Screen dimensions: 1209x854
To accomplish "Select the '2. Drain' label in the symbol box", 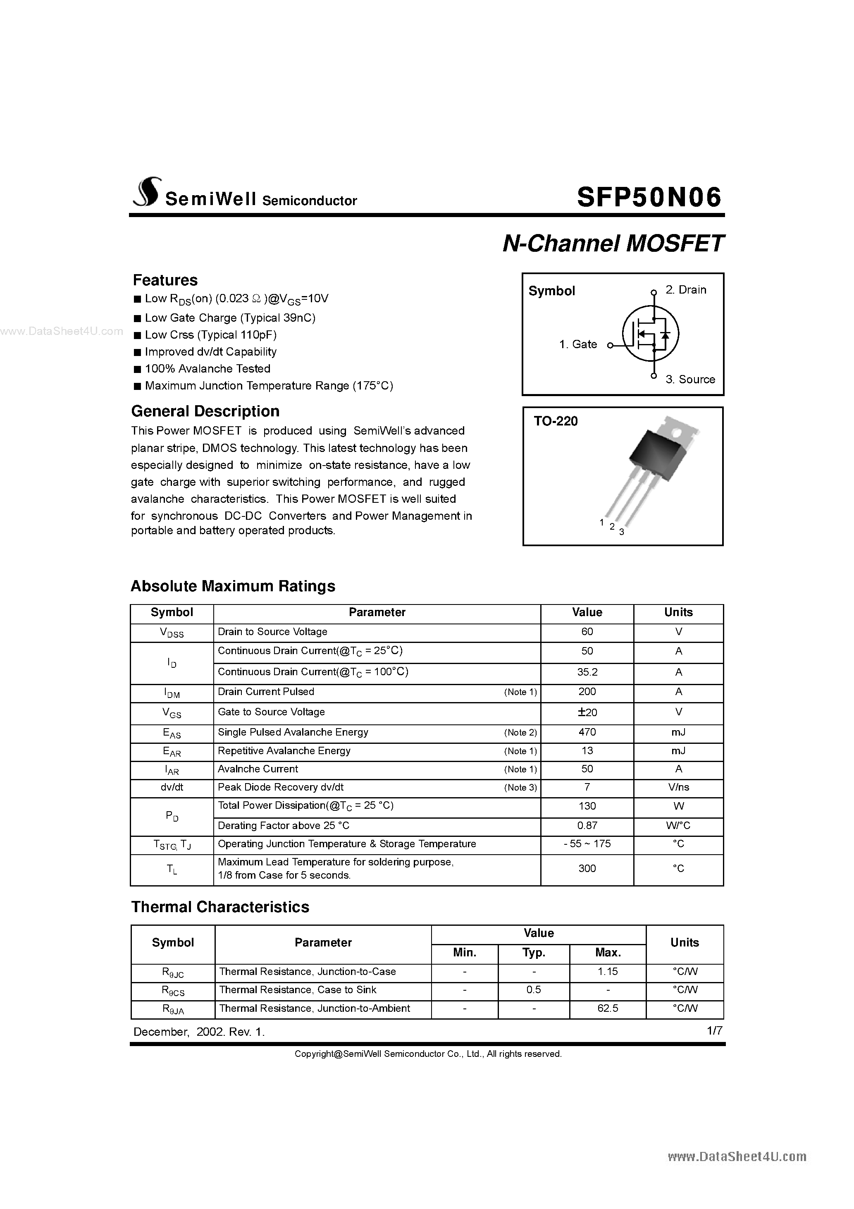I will tap(685, 289).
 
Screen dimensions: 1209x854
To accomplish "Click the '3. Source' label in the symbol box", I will tap(690, 380).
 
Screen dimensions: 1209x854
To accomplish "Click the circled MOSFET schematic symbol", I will tap(650, 334).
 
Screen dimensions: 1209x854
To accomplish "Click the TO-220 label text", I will tap(556, 421).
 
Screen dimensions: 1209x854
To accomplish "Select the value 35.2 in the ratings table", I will tap(587, 672).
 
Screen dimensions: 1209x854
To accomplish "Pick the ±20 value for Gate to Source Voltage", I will tap(587, 712).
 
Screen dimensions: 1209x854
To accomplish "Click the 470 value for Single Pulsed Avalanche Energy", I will tap(587, 732).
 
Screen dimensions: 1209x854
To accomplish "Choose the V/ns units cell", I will tap(678, 787).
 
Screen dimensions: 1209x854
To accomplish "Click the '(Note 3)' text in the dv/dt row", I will tap(520, 788).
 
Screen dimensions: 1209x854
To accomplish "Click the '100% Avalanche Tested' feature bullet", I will tap(208, 368).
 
